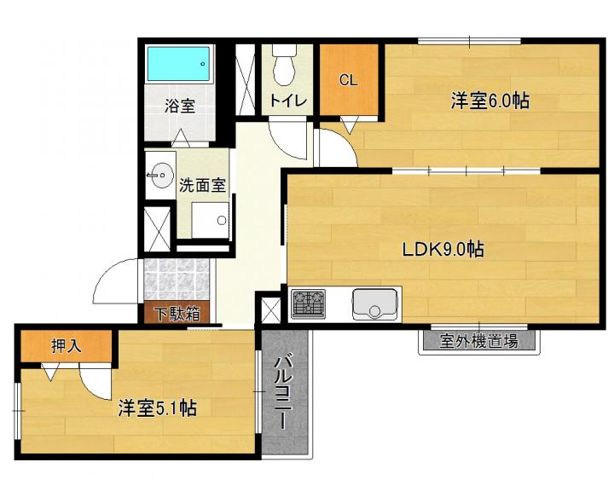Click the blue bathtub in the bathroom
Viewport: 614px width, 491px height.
(x=179, y=64)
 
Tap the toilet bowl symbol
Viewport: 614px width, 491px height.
(x=284, y=66)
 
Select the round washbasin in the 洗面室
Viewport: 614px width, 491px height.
(x=161, y=176)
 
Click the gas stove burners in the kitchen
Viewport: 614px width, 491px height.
(x=308, y=303)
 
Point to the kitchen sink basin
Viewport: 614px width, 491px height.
(x=374, y=303)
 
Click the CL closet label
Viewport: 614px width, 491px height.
(x=348, y=80)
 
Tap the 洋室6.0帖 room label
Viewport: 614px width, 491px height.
(x=489, y=101)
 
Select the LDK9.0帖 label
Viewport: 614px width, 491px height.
(x=443, y=250)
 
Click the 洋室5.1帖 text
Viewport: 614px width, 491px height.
(x=157, y=408)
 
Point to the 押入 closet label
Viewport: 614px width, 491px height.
(x=67, y=346)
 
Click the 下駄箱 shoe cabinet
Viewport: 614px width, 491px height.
(x=177, y=313)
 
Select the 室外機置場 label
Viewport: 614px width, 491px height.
(x=478, y=341)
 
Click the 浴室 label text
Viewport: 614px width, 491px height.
(x=180, y=106)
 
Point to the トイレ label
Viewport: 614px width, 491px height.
(x=288, y=101)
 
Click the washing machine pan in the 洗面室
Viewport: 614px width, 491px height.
(x=211, y=220)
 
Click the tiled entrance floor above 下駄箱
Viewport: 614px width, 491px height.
(x=177, y=280)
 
